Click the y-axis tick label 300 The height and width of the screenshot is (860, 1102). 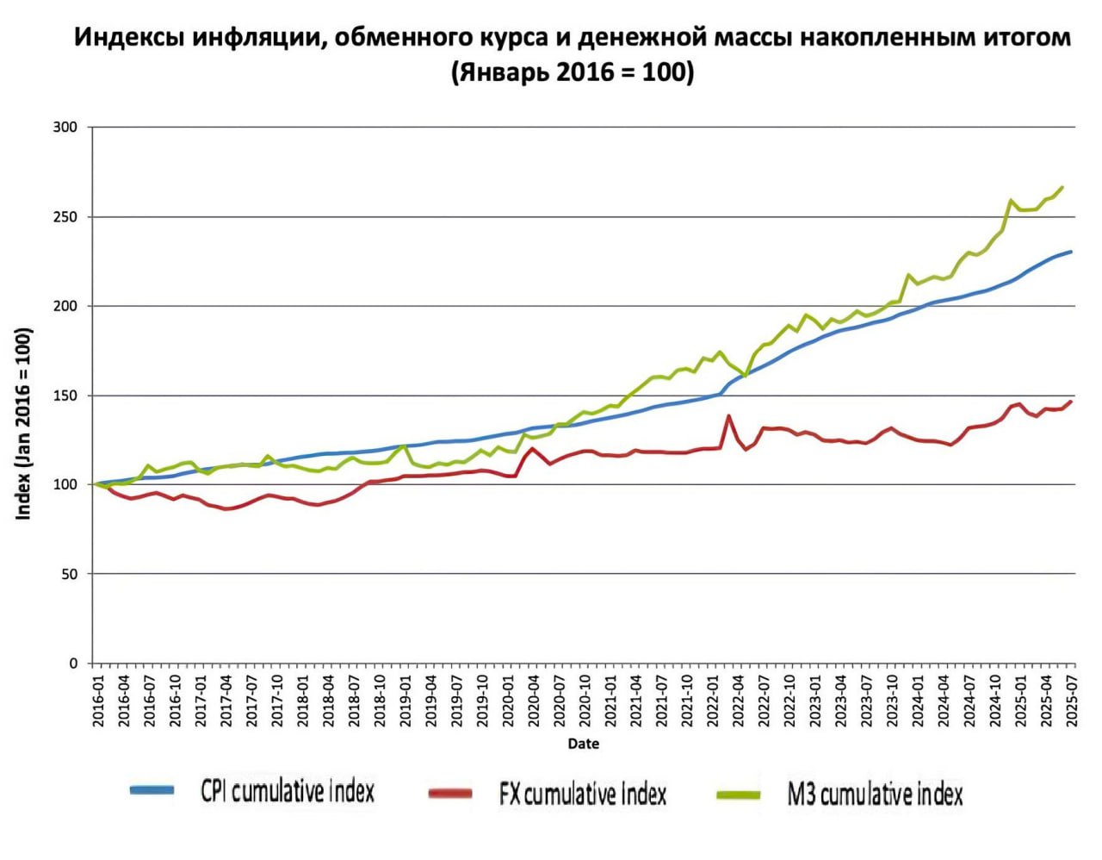[x=65, y=128]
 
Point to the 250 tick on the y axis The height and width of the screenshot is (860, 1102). [x=65, y=217]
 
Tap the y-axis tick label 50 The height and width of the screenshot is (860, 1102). [x=69, y=574]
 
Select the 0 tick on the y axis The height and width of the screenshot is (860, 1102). [x=73, y=664]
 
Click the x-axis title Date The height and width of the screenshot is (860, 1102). [x=583, y=745]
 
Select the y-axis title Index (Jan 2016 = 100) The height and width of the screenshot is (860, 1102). [x=24, y=424]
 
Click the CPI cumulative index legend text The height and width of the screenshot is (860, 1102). [x=288, y=791]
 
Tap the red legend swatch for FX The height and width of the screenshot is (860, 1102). [x=450, y=794]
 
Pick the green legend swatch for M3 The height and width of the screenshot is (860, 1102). [x=739, y=795]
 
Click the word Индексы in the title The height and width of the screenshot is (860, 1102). [x=129, y=39]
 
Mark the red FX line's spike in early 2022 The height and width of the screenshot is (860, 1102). [x=728, y=415]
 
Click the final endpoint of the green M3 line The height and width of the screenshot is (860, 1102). [x=1062, y=187]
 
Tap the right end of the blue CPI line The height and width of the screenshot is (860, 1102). [x=1070, y=251]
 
